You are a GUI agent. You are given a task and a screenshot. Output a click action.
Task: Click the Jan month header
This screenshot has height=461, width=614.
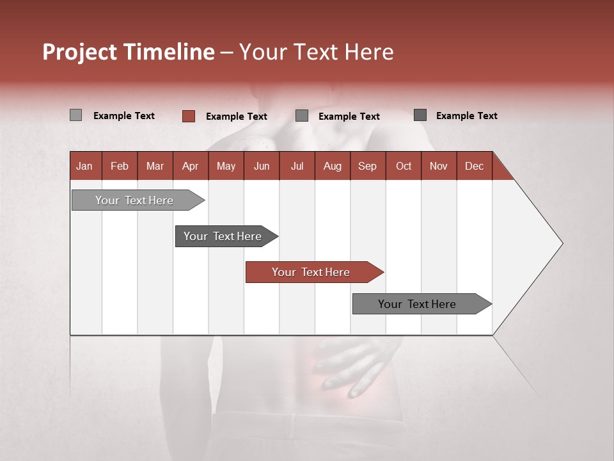[84, 166]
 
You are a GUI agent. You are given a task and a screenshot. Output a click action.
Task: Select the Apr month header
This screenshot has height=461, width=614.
[190, 166]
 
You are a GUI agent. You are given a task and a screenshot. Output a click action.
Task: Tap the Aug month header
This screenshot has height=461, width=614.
[332, 166]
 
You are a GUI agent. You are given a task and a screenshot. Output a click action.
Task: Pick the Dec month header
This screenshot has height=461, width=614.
[474, 166]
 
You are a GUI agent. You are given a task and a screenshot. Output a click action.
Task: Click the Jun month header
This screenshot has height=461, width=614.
[261, 166]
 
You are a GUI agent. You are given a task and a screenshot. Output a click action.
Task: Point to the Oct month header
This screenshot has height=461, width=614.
[403, 166]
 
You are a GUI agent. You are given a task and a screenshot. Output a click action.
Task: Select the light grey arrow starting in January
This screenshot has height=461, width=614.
[134, 200]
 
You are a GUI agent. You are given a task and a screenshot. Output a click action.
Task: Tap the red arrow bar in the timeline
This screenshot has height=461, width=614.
[311, 272]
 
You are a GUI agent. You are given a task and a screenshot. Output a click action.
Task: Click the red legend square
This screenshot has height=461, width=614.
[188, 116]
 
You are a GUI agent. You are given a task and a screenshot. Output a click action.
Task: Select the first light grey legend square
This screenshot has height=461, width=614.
[75, 115]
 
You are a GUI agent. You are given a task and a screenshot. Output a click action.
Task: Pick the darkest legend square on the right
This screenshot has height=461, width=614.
[420, 115]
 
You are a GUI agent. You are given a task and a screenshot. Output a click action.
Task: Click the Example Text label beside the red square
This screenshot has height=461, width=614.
[236, 117]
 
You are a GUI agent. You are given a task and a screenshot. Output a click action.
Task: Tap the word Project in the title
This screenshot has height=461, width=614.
[79, 52]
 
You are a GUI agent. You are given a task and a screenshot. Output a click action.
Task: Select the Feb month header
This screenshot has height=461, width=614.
[119, 166]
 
